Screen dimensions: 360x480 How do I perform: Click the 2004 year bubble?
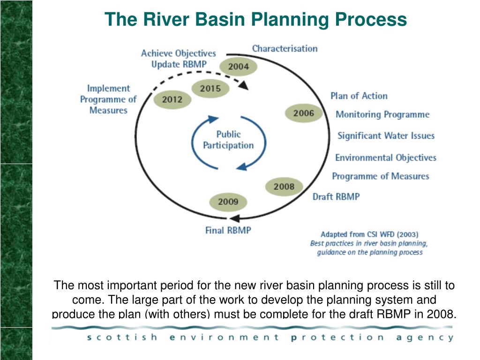coord(239,67)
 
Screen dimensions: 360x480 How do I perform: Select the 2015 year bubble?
coord(210,88)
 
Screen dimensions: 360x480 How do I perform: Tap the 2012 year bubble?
coord(172,99)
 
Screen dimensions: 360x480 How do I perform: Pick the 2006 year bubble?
coord(304,113)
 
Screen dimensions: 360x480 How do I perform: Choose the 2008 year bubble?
coord(284,187)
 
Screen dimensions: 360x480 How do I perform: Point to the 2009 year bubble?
coord(228,202)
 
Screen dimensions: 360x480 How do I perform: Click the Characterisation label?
coord(285,48)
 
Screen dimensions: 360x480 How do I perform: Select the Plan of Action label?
coord(359,96)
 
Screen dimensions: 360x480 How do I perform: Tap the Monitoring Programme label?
coord(382,114)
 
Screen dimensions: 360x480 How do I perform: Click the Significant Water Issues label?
coord(386,136)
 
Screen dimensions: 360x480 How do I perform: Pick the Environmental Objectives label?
coord(385,157)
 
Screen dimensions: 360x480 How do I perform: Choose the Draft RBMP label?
coord(336,197)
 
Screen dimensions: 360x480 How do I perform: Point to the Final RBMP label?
coord(228,230)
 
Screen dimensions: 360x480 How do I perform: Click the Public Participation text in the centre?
coord(228,140)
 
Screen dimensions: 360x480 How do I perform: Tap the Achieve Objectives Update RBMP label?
coord(179,59)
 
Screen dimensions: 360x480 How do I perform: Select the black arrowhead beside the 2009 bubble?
coord(236,217)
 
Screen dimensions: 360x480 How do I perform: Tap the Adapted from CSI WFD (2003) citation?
coord(369,234)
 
